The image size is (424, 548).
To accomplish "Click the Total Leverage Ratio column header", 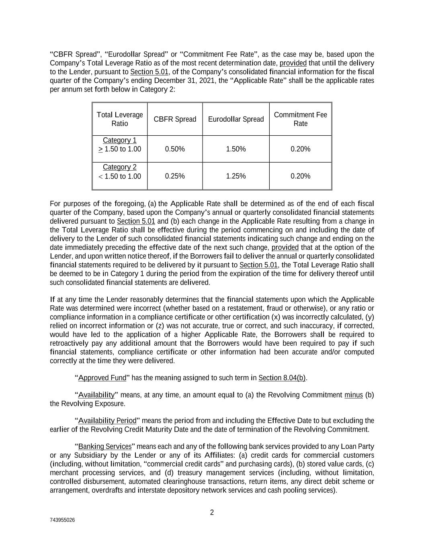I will (x=120, y=119).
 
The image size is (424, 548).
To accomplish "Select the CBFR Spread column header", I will (x=175, y=119).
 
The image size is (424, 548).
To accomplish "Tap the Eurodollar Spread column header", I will (x=236, y=119).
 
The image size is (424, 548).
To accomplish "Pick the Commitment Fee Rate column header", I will (x=300, y=119).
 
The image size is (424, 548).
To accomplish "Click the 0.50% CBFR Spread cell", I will (x=175, y=149).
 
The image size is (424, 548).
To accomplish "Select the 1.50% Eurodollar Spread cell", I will (x=236, y=149).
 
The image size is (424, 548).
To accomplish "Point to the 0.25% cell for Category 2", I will (x=175, y=176).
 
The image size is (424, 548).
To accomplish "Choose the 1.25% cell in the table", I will (x=236, y=176).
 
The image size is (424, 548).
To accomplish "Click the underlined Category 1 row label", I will (x=120, y=141).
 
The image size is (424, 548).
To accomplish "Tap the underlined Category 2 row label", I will (x=120, y=167).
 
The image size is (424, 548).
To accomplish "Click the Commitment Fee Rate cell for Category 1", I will (x=300, y=149).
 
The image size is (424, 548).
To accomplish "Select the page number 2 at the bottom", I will (x=212, y=513).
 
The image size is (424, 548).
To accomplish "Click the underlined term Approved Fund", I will (x=102, y=378).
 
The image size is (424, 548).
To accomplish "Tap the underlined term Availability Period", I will (x=107, y=421).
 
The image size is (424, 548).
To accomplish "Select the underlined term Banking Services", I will (x=105, y=446).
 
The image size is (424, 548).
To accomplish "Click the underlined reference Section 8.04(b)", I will (x=282, y=378).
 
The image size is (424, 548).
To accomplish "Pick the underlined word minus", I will (x=354, y=395).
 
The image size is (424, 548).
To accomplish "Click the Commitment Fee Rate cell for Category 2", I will (x=300, y=176).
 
